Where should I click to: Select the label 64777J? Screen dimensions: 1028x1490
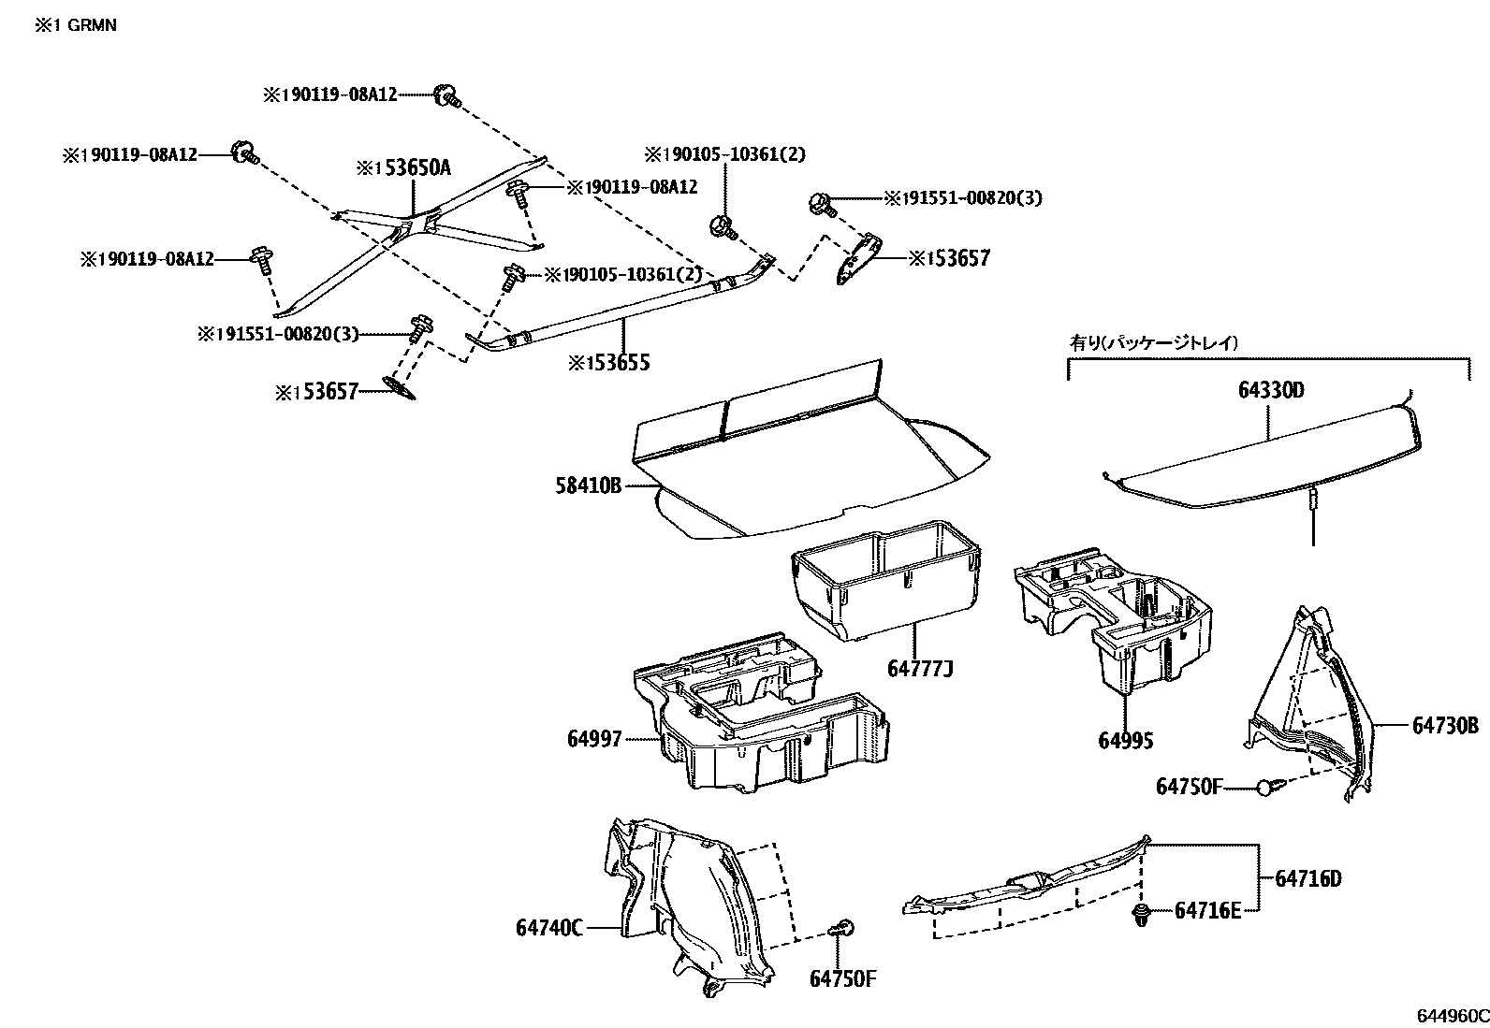pyautogui.click(x=919, y=669)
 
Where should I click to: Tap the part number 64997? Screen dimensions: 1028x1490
pyautogui.click(x=593, y=739)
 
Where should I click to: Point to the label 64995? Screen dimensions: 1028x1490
pyautogui.click(x=1126, y=741)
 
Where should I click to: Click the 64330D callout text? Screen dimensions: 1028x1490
pyautogui.click(x=1270, y=390)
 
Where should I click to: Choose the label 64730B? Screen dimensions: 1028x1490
pyautogui.click(x=1445, y=725)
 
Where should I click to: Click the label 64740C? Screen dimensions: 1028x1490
pyautogui.click(x=549, y=928)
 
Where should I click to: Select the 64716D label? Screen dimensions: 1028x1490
pyautogui.click(x=1308, y=878)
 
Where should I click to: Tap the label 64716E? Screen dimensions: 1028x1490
pyautogui.click(x=1207, y=910)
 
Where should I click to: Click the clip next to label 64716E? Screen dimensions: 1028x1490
pyautogui.click(x=1141, y=913)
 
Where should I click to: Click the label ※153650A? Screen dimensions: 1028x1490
pyautogui.click(x=403, y=168)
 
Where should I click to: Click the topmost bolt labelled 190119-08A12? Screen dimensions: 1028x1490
pyautogui.click(x=447, y=94)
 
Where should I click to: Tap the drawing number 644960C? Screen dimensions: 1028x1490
pyautogui.click(x=1451, y=1016)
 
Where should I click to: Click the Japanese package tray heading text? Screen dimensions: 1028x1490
pyautogui.click(x=1153, y=343)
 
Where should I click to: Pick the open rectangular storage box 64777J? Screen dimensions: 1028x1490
pyautogui.click(x=884, y=580)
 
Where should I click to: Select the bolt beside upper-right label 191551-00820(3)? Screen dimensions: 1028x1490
pyautogui.click(x=821, y=200)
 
